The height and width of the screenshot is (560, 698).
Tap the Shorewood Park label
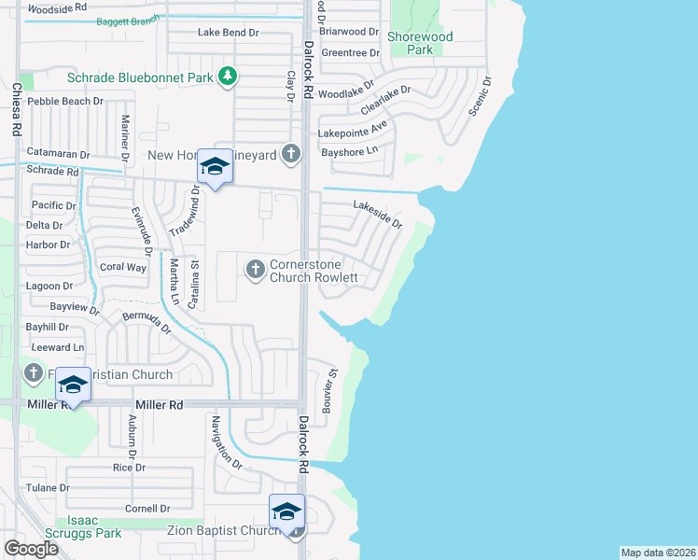[420, 43]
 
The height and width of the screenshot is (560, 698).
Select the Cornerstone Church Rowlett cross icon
[254, 271]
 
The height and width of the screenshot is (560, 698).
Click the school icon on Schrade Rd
[215, 168]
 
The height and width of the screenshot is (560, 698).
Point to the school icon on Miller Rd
[73, 384]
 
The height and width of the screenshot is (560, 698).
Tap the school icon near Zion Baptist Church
[286, 511]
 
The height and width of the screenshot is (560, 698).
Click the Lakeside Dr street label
[377, 215]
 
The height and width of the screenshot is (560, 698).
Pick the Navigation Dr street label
[227, 444]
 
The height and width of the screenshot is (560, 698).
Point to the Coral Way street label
[123, 267]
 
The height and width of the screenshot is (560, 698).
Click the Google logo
[32, 548]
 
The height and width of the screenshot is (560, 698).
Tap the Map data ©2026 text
[658, 553]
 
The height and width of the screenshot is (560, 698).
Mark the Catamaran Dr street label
[58, 155]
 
